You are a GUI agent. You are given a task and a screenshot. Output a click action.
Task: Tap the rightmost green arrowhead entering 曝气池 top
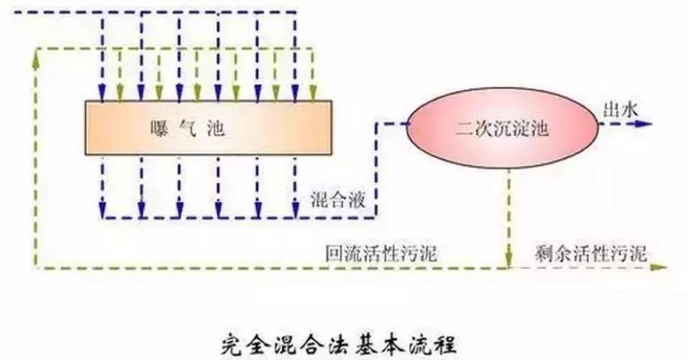[x=313, y=95]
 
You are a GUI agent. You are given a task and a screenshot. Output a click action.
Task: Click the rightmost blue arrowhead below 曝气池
[x=294, y=207]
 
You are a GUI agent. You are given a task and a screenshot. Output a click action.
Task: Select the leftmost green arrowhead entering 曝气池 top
[x=119, y=95]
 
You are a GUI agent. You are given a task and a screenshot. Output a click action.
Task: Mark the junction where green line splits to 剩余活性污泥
[x=508, y=268]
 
